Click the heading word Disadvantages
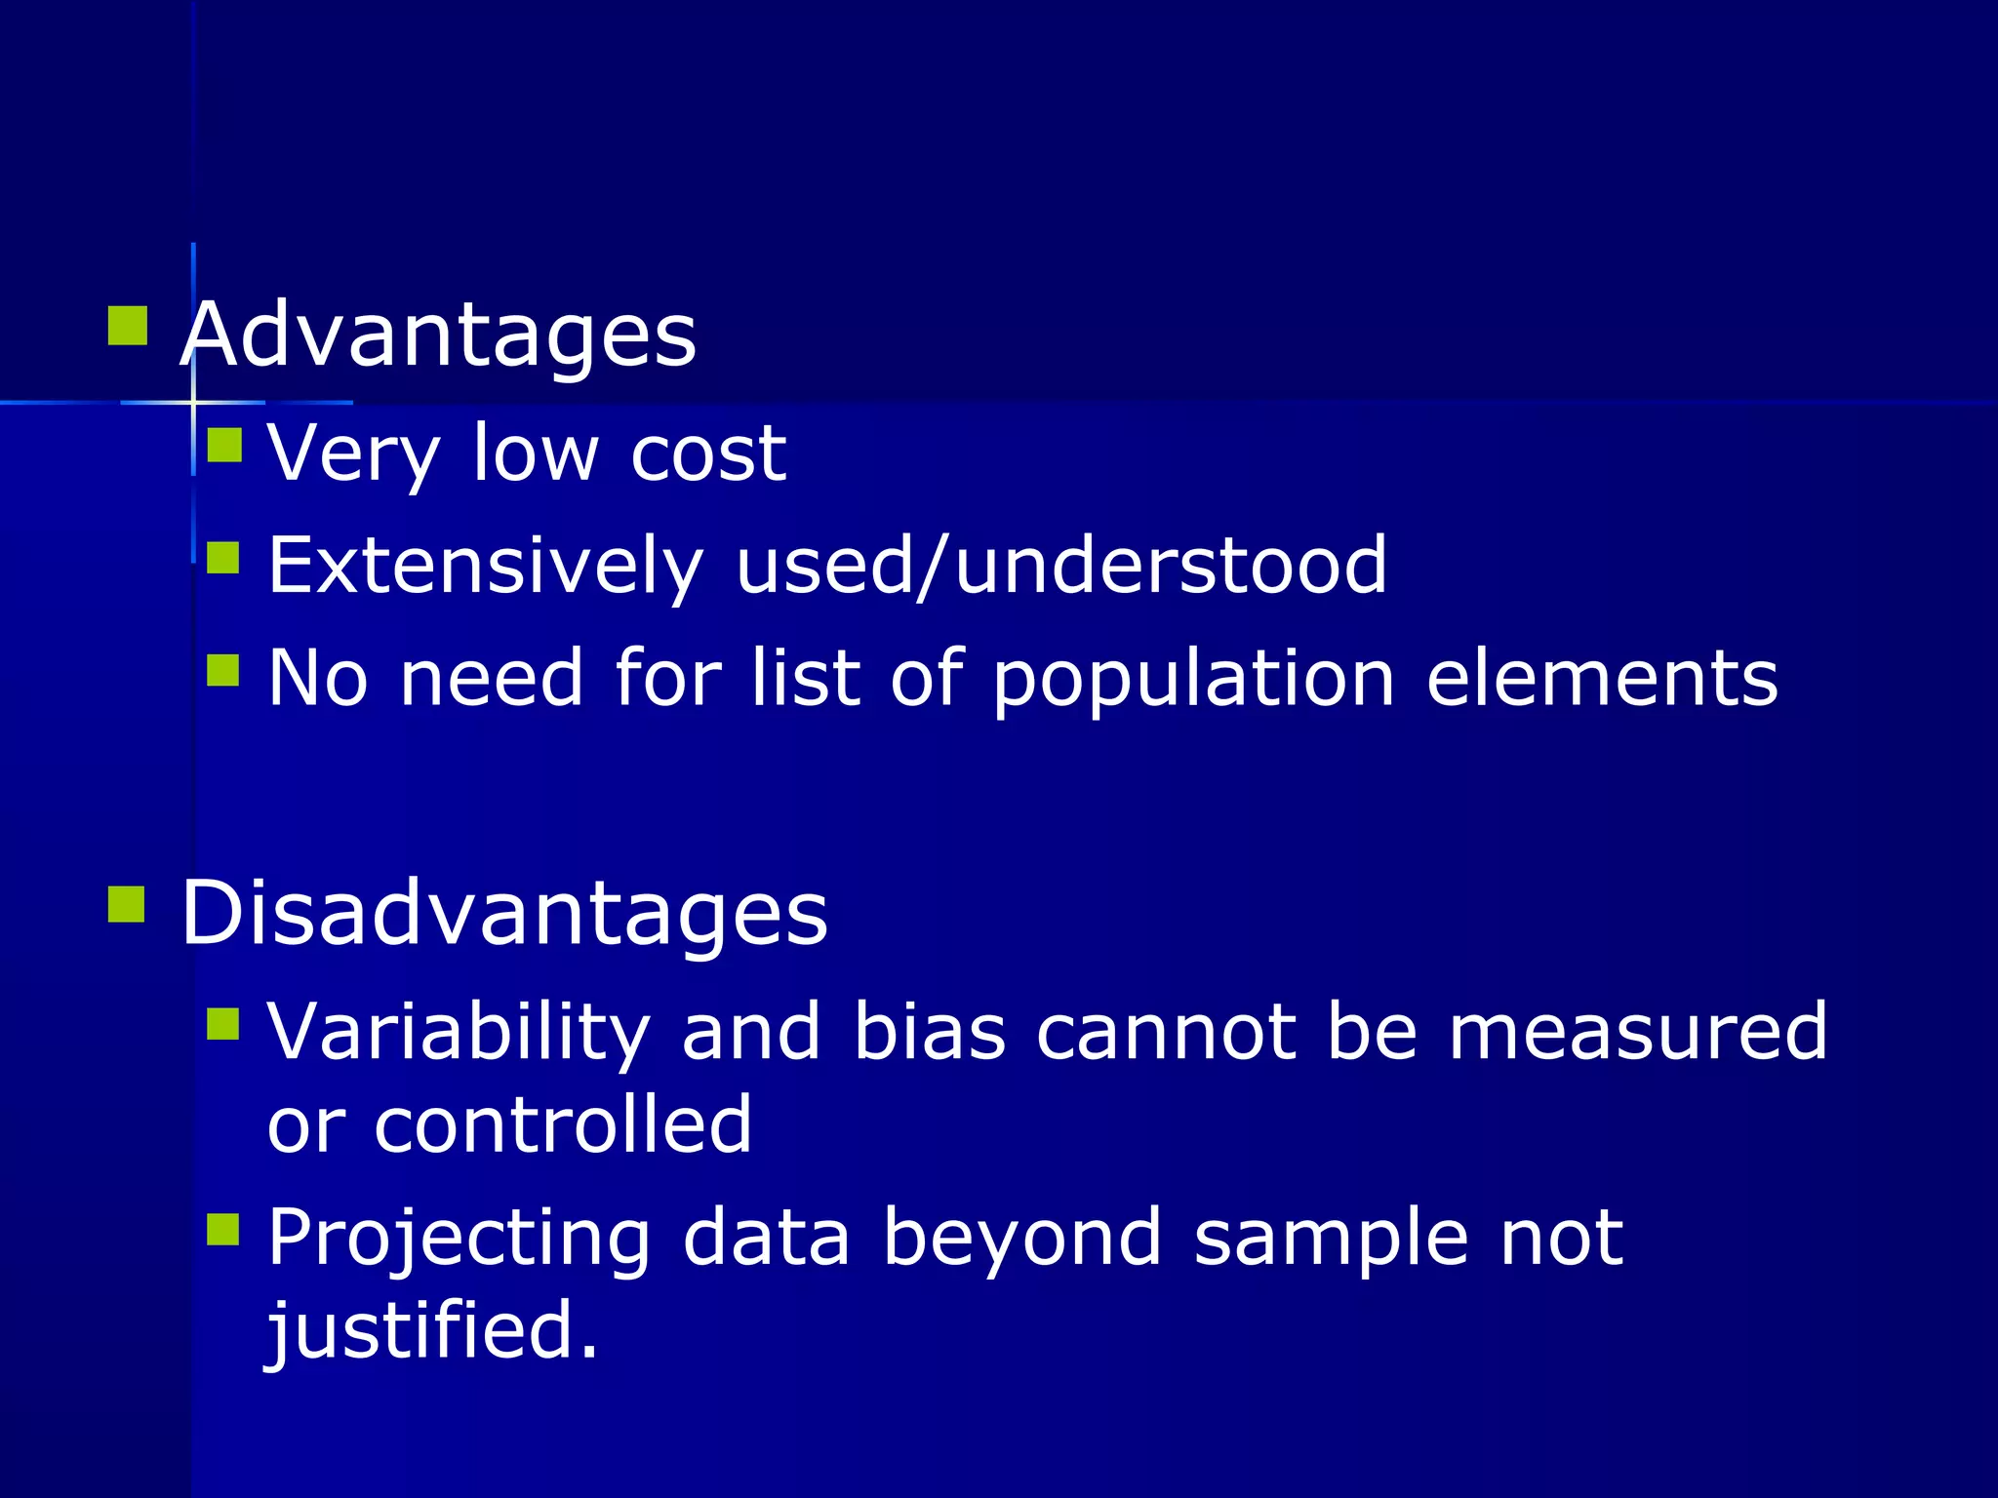pos(504,913)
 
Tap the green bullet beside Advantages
pos(127,326)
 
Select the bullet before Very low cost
pos(224,446)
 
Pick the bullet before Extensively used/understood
pos(223,559)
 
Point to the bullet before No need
pos(223,671)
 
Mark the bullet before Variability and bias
pos(223,1024)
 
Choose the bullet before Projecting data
pos(223,1229)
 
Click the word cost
pos(708,453)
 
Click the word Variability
pos(459,1032)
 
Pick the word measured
pos(1638,1032)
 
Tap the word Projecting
pos(459,1239)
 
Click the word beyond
pos(1022,1239)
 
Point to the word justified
pos(432,1330)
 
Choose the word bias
pos(929,1032)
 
